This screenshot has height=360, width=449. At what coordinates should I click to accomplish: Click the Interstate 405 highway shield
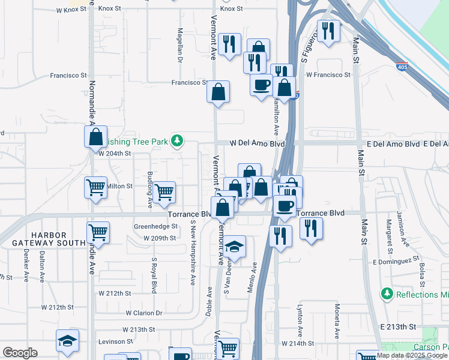click(402, 66)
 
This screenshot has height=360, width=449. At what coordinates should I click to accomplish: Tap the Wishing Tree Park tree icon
click(176, 140)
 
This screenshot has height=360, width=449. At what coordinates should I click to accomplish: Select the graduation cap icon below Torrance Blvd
click(235, 246)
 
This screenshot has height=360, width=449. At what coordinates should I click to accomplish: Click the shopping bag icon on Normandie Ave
click(96, 137)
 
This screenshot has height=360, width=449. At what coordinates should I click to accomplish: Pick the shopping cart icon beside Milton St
click(96, 188)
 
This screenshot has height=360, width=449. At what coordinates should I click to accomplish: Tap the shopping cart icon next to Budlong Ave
click(164, 192)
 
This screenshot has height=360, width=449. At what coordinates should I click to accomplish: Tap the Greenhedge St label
click(155, 227)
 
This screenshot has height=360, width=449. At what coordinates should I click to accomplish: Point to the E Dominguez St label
click(395, 262)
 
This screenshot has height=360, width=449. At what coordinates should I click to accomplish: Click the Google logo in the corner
click(20, 353)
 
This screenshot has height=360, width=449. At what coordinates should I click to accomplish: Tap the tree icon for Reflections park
click(387, 294)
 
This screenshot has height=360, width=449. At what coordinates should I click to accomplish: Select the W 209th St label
click(160, 238)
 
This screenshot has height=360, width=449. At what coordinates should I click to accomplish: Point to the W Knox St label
click(71, 10)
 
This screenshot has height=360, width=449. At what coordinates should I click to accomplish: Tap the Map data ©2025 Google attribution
click(412, 355)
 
